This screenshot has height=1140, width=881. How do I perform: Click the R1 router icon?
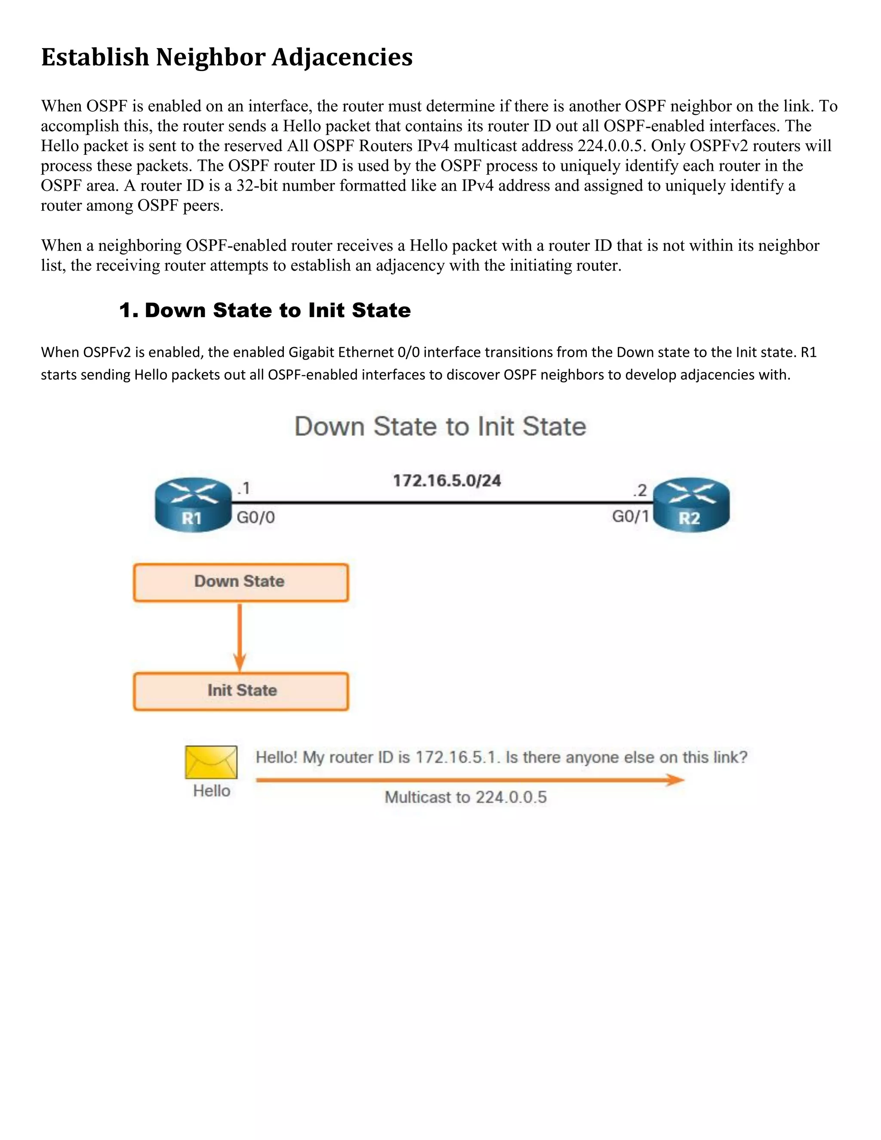[193, 504]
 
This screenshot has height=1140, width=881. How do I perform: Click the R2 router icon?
[691, 504]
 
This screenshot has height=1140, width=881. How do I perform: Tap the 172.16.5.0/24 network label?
[447, 480]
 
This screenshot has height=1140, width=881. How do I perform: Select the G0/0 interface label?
[256, 517]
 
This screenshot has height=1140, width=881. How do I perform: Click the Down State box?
[240, 582]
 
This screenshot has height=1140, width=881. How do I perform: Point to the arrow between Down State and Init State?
[240, 637]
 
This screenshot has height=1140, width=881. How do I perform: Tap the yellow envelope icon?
[211, 762]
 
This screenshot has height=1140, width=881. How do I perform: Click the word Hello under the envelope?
[211, 791]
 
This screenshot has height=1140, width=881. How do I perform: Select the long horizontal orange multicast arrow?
[470, 780]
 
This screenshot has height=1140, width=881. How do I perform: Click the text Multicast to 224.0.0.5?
[465, 797]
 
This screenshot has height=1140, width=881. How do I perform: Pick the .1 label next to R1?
[244, 489]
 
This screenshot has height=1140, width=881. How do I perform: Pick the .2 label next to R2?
[640, 490]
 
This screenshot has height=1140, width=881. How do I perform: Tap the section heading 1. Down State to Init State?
[265, 310]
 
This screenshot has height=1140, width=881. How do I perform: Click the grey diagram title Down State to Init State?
[440, 426]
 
